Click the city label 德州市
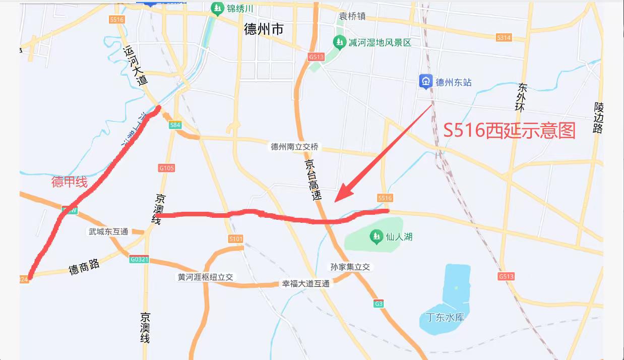pos(263,29)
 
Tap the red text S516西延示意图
pos(509,131)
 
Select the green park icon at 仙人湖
pos(376,235)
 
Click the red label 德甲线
pos(70,182)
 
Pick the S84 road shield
pos(175,125)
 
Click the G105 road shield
pos(166,168)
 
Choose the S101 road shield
pos(235,238)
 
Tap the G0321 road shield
pos(139,259)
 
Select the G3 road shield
pos(379,304)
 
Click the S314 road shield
pos(504,38)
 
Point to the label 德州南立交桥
pos(295,147)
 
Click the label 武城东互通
pos(108,231)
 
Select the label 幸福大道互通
pos(305,284)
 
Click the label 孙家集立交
pos(350,267)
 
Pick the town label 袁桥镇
pos(352,16)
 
